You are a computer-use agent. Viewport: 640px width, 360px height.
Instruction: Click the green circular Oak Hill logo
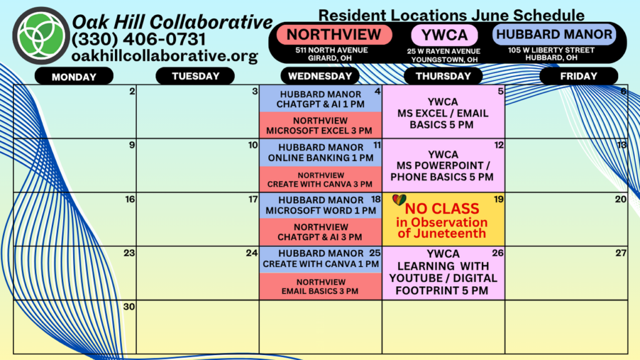41,36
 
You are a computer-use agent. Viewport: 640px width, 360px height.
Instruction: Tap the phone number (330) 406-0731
138,39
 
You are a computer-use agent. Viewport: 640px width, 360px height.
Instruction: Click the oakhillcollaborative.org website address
164,56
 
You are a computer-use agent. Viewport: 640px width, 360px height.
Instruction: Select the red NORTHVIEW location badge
334,35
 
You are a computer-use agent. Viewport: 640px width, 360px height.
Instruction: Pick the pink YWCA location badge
444,35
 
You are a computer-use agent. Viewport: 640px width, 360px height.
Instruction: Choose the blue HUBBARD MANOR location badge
554,34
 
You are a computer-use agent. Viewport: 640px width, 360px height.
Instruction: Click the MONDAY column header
74,76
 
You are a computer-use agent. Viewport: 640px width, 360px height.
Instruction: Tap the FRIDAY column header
578,76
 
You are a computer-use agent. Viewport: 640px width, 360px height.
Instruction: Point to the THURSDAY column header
443,76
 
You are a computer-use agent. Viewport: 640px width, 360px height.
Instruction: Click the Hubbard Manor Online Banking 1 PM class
321,152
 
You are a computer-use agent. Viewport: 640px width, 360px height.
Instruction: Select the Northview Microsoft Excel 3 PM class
321,125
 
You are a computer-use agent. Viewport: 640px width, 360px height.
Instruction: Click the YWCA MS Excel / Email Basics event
443,113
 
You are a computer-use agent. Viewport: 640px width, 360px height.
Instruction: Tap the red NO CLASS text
442,209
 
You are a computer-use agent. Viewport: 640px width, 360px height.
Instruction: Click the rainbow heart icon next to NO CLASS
399,200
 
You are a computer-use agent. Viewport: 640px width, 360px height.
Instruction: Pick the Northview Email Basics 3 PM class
321,286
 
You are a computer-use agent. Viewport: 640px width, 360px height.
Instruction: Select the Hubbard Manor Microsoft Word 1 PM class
321,205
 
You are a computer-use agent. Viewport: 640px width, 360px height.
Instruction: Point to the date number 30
129,306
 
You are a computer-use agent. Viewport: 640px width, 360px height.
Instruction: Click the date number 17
253,199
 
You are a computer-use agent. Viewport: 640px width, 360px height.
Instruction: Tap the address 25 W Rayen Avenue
443,51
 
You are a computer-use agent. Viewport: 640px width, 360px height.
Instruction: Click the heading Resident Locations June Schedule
451,15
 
